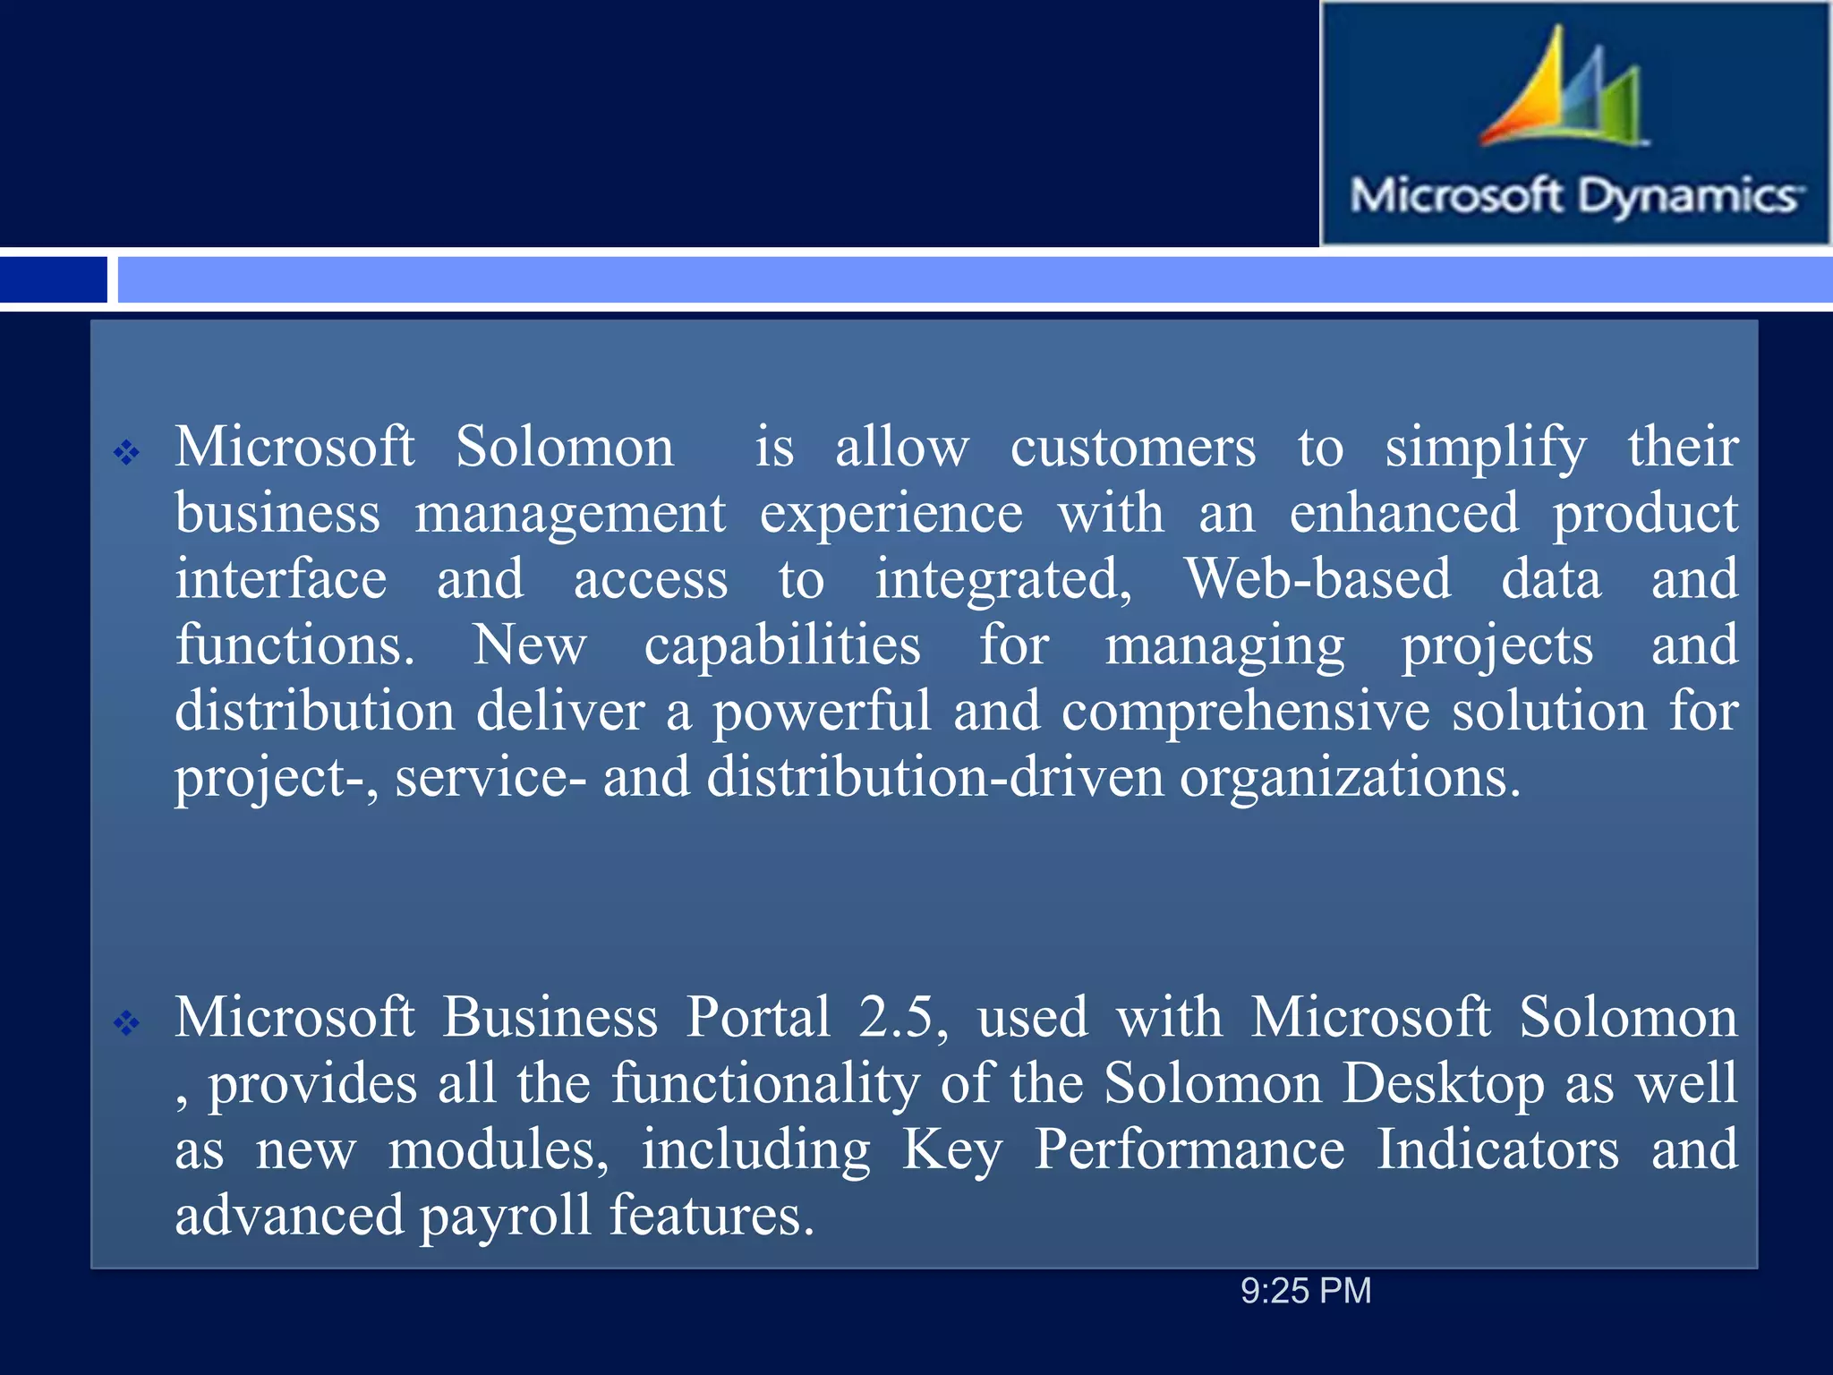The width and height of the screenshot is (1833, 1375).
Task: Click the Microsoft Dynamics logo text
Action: tap(1575, 196)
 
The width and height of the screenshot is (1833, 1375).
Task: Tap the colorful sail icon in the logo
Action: tap(1562, 90)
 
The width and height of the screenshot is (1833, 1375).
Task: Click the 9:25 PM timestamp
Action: tap(1306, 1291)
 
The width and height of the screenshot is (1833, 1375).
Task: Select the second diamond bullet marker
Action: tap(126, 1022)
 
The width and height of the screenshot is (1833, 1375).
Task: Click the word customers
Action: tap(1133, 447)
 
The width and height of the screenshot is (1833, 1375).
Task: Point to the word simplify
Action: tap(1486, 447)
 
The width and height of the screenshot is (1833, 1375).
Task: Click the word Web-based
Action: tap(1317, 579)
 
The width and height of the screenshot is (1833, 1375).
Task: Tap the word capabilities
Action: tap(782, 645)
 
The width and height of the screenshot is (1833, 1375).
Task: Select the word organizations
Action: tap(1350, 777)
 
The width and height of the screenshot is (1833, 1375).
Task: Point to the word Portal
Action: tap(758, 1018)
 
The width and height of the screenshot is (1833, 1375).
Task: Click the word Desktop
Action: tap(1444, 1084)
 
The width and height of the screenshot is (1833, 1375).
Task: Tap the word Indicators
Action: tap(1497, 1149)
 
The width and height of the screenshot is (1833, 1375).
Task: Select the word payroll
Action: tap(506, 1217)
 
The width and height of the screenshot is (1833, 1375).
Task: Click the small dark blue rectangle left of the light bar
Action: tap(53, 279)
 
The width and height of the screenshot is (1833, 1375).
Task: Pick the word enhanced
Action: tap(1403, 513)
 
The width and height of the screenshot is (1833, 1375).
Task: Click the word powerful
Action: tap(822, 712)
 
